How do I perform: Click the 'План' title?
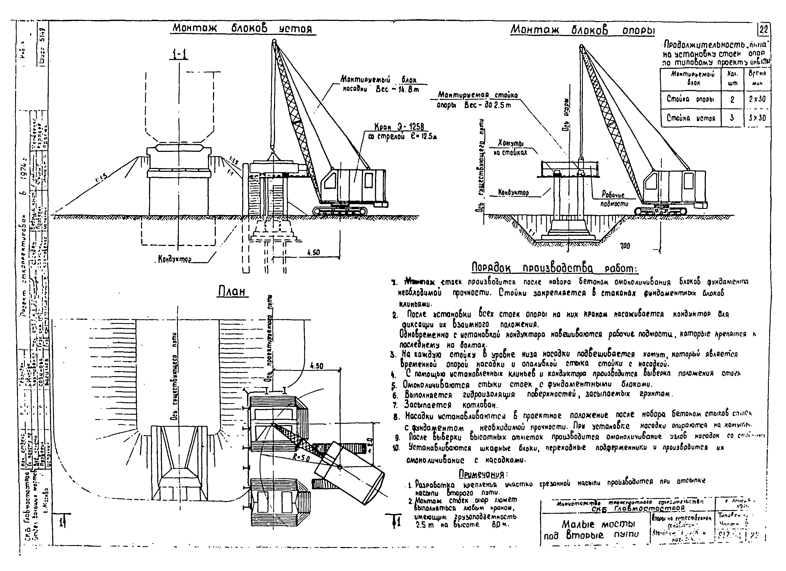pyautogui.click(x=233, y=292)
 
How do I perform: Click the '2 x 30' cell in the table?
pyautogui.click(x=757, y=99)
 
